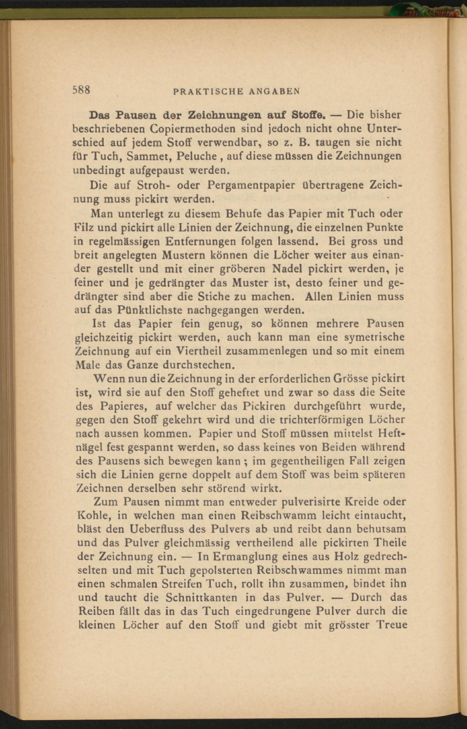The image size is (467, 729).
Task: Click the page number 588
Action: [81, 90]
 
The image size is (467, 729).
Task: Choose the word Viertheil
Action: [197, 351]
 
